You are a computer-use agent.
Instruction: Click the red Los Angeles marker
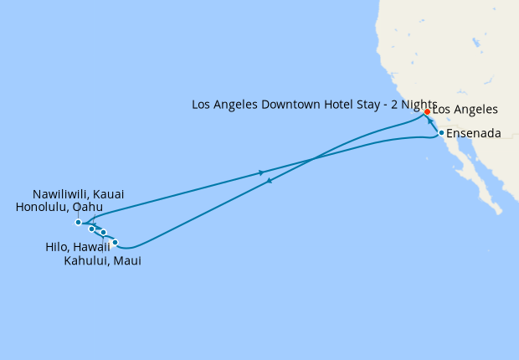(427, 111)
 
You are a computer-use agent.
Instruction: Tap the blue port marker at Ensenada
(441, 132)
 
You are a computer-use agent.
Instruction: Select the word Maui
(128, 261)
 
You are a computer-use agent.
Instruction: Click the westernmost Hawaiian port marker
(78, 223)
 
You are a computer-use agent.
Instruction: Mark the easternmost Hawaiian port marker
(116, 243)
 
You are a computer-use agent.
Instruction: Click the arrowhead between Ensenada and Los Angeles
(433, 122)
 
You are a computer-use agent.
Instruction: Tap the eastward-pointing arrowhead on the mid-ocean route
(262, 173)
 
